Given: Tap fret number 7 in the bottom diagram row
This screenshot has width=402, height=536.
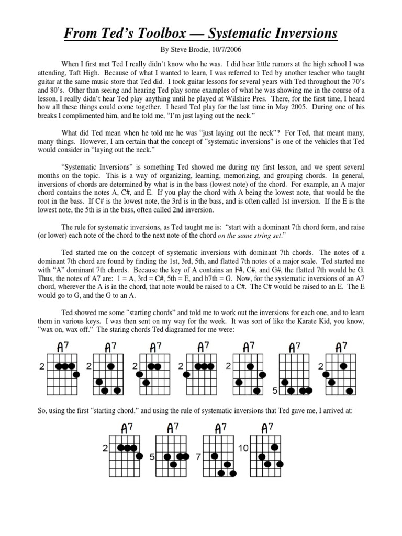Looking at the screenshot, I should [198, 456].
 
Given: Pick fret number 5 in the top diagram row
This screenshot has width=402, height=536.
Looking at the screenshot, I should [274, 390].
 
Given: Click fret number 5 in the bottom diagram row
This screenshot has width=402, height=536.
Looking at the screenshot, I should [152, 456].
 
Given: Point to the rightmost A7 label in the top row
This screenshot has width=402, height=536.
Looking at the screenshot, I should [342, 347].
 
